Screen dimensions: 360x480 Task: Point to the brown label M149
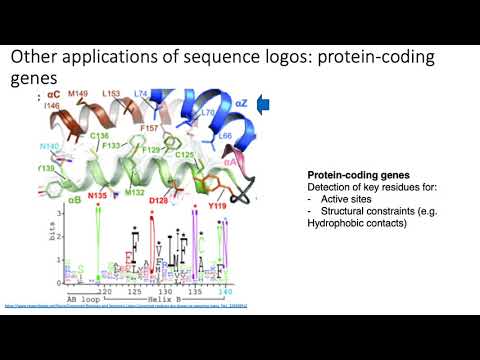tap(78, 96)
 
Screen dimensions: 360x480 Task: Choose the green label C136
tap(100, 136)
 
